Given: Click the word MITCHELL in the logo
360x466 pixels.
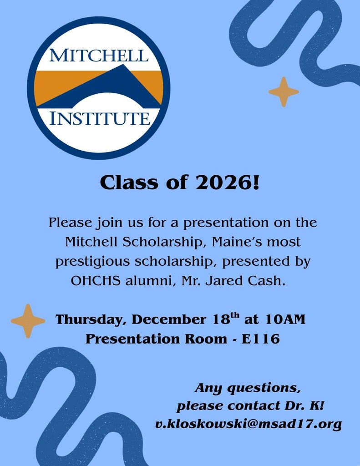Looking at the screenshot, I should pos(99,56).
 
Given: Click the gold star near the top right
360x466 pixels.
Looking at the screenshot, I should pos(284,92).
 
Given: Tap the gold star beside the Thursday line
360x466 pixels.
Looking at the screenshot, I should pos(28,321).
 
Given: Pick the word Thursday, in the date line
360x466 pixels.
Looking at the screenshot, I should pos(91,319).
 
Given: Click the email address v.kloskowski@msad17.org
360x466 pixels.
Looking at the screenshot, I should pos(248,425).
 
